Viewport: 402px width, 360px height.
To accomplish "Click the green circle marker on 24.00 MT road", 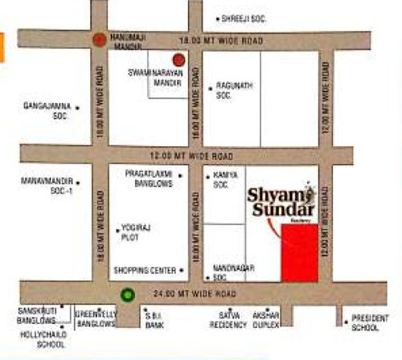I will pos(127,294).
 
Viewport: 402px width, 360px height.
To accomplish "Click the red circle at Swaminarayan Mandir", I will pos(178,59).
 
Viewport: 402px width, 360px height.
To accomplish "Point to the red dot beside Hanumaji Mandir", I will pos(98,38).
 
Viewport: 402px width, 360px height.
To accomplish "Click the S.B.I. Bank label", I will pos(154,319).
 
